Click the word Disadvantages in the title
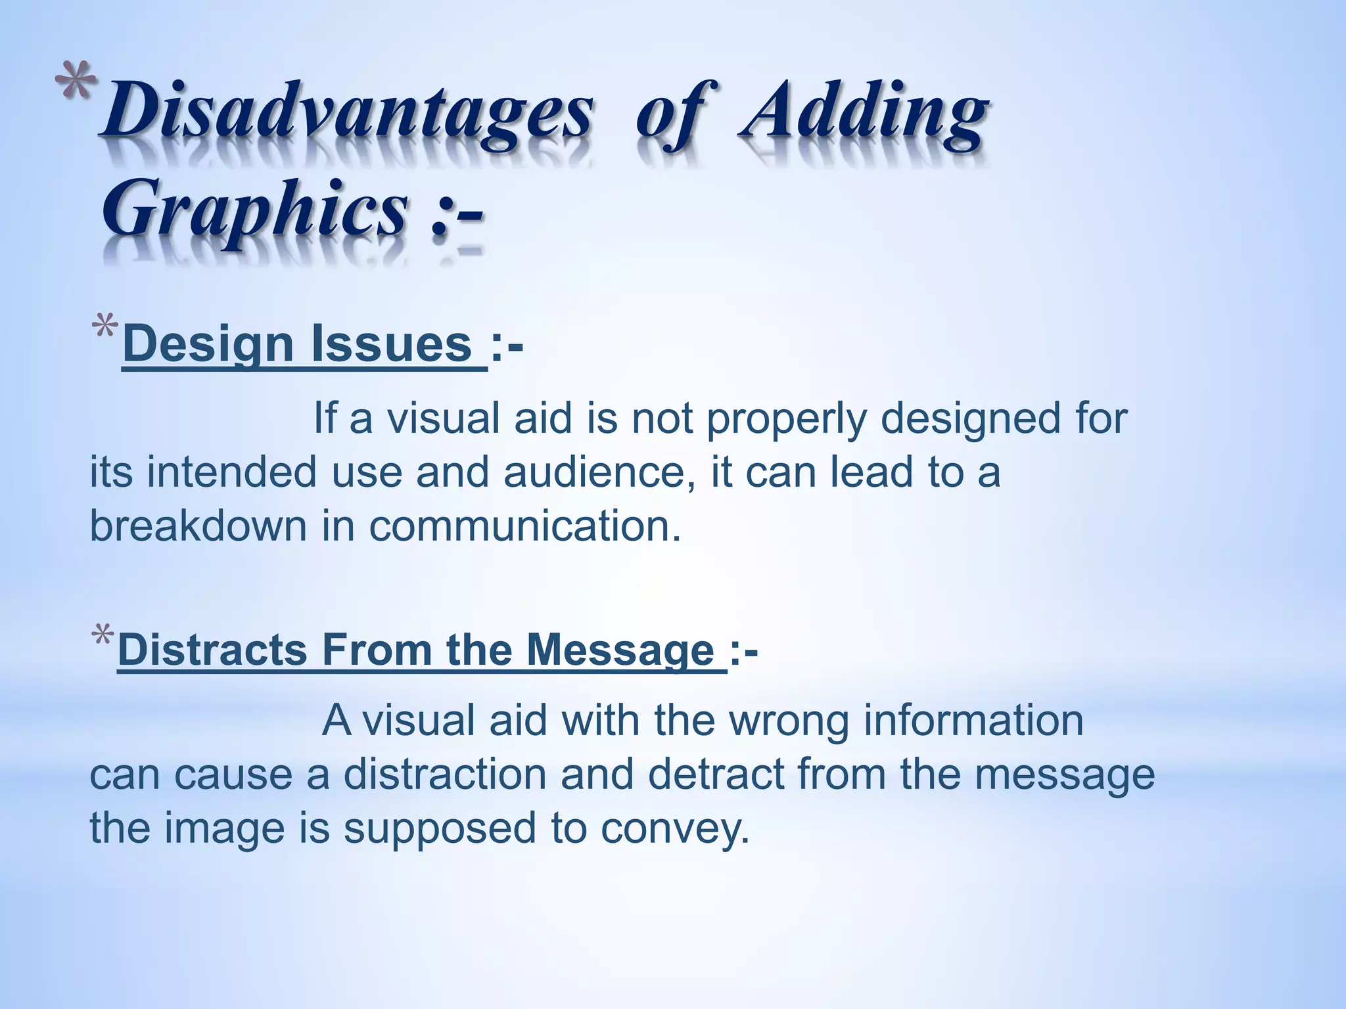point(346,113)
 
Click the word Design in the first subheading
point(207,344)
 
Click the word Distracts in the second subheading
point(212,650)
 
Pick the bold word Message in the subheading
point(620,650)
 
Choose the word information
point(973,721)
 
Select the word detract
point(716,774)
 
